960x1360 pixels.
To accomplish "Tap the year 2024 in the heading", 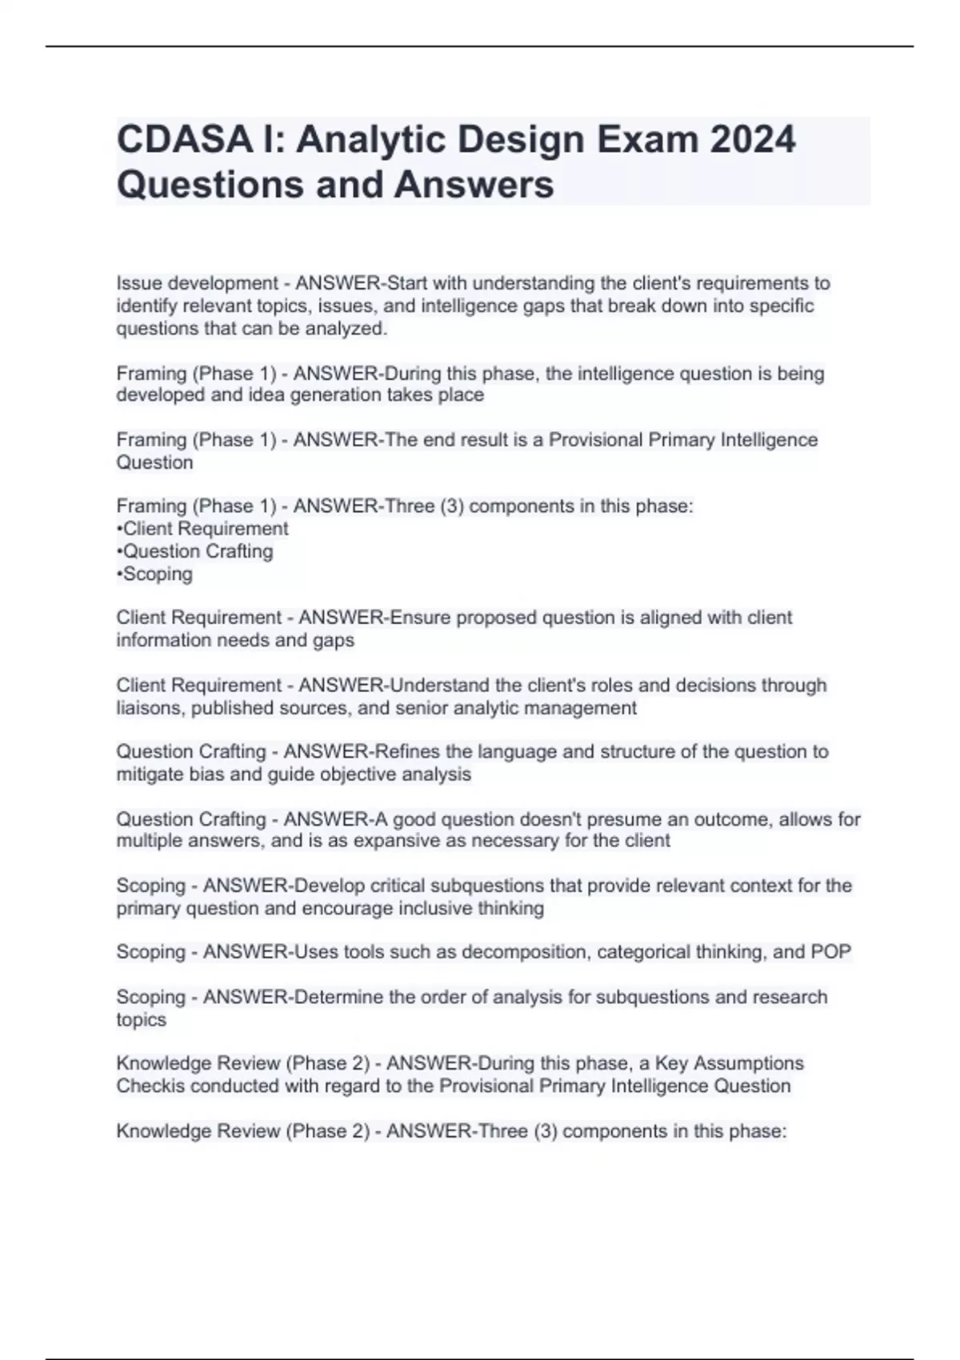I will pos(752,139).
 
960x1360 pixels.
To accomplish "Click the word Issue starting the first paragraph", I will pos(137,283).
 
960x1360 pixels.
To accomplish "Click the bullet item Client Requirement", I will pos(206,529).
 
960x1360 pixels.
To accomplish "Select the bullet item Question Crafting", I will pos(198,551).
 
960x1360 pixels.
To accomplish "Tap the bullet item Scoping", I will pos(158,574).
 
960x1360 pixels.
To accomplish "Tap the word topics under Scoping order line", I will pos(142,1020).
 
